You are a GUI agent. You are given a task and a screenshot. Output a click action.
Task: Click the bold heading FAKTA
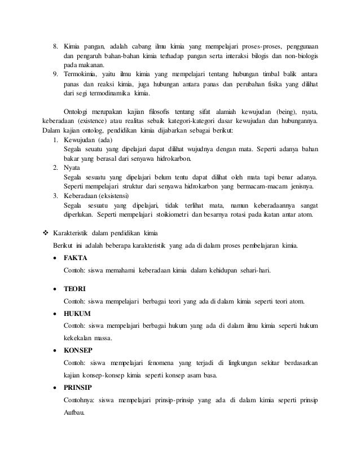pos(76,258)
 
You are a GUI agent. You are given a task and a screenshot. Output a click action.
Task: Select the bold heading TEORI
pos(74,289)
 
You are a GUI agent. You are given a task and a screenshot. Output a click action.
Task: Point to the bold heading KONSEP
pos(78,350)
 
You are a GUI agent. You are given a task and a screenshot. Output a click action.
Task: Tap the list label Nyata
pos(74,168)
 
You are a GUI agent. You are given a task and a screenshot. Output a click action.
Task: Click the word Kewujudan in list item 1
pos(80,140)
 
